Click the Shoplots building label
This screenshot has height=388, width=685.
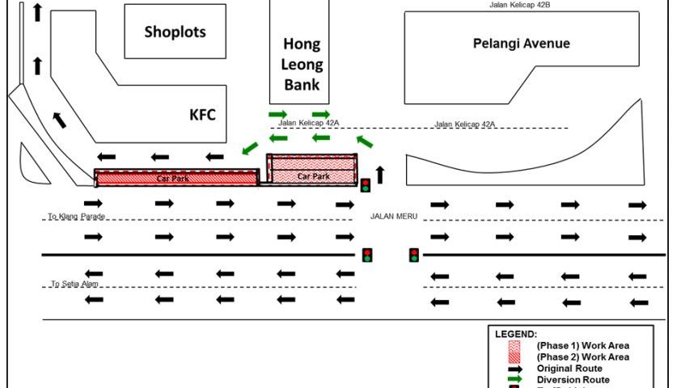pos(175,32)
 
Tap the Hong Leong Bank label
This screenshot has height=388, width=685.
pos(301,64)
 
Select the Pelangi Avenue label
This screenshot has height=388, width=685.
pos(521,44)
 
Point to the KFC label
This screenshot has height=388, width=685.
pos(202,115)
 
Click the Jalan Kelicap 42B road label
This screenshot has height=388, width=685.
pos(520,4)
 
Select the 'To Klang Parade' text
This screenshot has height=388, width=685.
pos(77,217)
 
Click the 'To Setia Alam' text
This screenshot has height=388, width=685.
pos(78,284)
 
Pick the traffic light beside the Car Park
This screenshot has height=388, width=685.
pos(366,185)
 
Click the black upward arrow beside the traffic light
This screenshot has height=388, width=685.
pos(381,174)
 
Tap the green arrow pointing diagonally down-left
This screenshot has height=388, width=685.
pos(250,148)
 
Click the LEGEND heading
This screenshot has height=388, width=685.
pos(515,334)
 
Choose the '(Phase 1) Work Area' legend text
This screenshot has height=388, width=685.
pos(582,345)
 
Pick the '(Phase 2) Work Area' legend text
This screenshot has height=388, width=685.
pos(582,356)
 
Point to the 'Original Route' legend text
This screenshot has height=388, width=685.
pos(569,368)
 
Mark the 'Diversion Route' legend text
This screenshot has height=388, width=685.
pos(573,379)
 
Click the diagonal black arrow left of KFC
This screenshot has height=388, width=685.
pos(60,120)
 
